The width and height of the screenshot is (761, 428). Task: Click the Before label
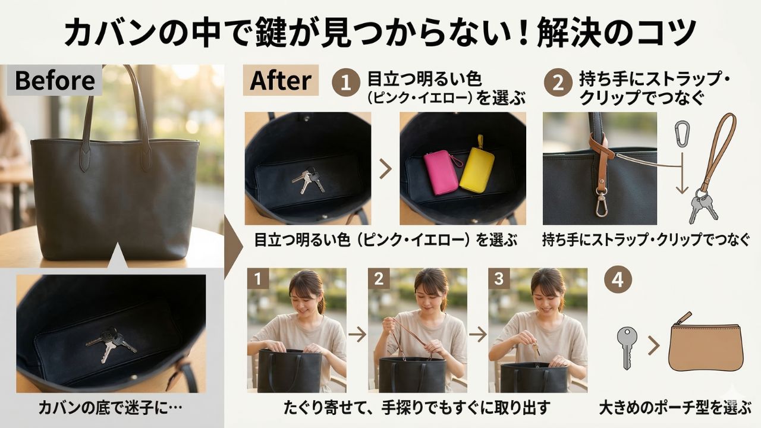point(55,80)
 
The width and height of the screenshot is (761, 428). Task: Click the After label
point(281,80)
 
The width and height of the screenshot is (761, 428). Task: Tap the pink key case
point(441,172)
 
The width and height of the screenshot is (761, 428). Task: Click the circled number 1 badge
point(346,83)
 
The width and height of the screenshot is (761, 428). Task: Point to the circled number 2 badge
point(558,83)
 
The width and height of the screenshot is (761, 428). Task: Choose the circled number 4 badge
point(618,279)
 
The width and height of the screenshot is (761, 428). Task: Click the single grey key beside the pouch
point(627,348)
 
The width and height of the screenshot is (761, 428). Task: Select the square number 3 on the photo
point(499,279)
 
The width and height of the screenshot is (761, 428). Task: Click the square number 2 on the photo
point(379,279)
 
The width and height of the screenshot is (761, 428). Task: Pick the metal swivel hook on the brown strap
point(601,204)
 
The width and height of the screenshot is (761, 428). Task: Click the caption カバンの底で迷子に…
point(111,408)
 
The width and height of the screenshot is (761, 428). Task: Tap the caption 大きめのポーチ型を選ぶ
point(675,408)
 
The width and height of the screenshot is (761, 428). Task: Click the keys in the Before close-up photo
point(111,343)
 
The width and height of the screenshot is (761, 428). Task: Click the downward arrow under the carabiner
point(682,173)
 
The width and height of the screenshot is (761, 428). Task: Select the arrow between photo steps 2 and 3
point(478,334)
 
